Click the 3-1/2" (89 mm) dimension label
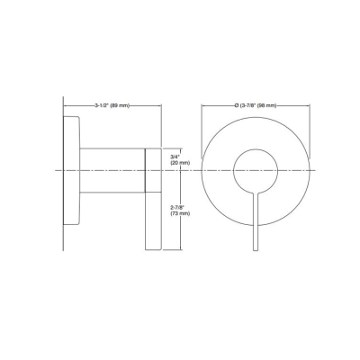[113, 106]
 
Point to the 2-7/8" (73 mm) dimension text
[179, 210]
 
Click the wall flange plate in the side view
[70, 170]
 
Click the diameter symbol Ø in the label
[235, 106]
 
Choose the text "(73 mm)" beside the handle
[180, 214]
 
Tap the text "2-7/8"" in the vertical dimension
[177, 206]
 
